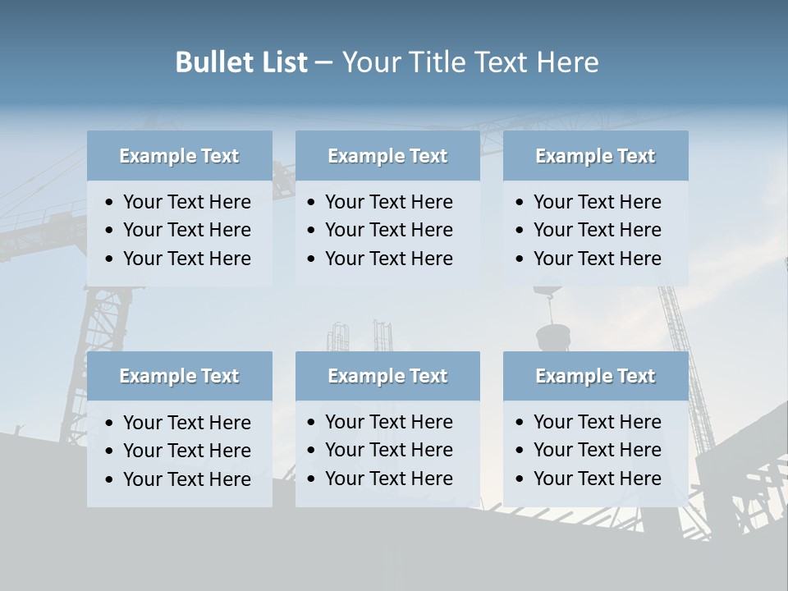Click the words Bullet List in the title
[x=241, y=62]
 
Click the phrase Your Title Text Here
[x=470, y=62]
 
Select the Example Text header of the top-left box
[x=179, y=156]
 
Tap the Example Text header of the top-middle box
[x=387, y=156]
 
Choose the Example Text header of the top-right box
[x=595, y=156]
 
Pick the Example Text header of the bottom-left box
[x=179, y=376]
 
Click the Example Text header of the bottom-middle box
[x=387, y=376]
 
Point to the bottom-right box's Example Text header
[x=595, y=376]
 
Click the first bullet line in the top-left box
[x=187, y=202]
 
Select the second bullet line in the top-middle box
[x=389, y=230]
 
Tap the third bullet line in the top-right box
[x=598, y=259]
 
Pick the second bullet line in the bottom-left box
[x=187, y=451]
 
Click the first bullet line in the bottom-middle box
[x=389, y=422]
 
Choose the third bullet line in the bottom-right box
[x=598, y=479]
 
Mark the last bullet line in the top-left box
[x=187, y=259]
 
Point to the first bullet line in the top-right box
[x=598, y=202]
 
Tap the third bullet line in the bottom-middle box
[x=389, y=479]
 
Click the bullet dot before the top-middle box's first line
[x=311, y=203]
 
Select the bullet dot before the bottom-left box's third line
[x=109, y=480]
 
